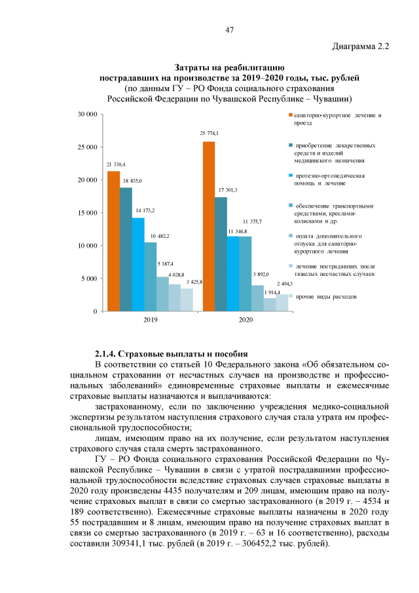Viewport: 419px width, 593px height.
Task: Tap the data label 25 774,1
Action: click(209, 134)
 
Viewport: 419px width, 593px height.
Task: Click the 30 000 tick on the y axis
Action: click(88, 115)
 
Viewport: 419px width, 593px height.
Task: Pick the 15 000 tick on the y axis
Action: click(88, 213)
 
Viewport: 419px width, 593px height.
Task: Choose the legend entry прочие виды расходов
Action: click(326, 297)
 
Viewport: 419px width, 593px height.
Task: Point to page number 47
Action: click(229, 30)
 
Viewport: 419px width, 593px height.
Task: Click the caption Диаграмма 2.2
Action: click(361, 47)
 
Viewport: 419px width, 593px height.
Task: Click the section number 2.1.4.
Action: click(108, 354)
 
